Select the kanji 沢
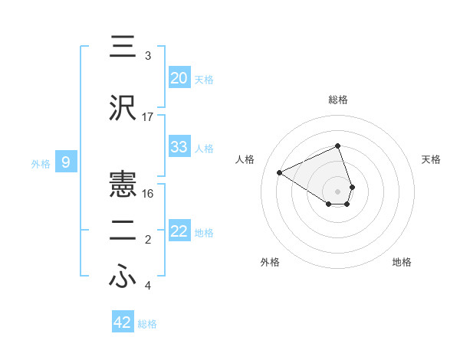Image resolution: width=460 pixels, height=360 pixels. tap(123, 108)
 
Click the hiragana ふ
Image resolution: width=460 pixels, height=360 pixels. tap(123, 277)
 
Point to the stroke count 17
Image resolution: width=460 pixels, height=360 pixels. tap(148, 117)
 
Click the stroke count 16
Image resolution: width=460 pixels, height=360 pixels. tap(148, 193)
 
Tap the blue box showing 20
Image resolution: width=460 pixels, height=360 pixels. tap(179, 78)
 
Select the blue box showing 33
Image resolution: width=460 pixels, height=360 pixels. tap(179, 147)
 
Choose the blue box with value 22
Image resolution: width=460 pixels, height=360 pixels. tap(179, 231)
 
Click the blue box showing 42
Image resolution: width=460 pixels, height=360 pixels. tap(123, 322)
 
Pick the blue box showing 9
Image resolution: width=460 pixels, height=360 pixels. tap(66, 162)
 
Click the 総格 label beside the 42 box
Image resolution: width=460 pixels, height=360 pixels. tap(147, 324)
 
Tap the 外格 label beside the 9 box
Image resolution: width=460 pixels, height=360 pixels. tap(41, 163)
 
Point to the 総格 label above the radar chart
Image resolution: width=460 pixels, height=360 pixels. tap(338, 100)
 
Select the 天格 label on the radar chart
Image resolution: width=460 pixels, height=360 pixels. tap(431, 159)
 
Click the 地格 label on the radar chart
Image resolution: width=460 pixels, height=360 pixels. tap(402, 262)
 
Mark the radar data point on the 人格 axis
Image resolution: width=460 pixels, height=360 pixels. tap(280, 172)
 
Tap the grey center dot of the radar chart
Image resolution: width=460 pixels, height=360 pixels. tap(338, 191)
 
